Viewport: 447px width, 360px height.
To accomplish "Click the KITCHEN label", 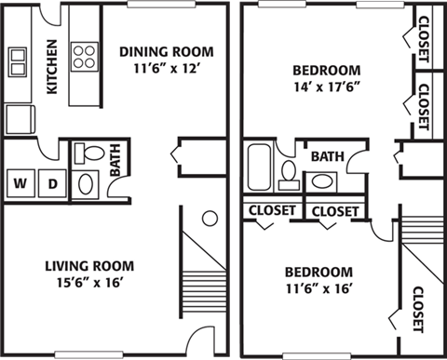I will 52,66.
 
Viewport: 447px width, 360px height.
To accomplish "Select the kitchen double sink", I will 19,62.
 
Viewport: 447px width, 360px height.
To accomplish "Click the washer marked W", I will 20,183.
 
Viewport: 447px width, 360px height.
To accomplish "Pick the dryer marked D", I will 52,183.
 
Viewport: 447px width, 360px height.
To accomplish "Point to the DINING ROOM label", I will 167,50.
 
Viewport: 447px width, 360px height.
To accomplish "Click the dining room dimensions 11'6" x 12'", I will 167,67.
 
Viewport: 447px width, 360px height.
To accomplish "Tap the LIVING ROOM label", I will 89,264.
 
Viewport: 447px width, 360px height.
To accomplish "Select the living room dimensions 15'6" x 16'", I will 89,282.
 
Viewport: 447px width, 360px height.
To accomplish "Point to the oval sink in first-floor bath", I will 85,183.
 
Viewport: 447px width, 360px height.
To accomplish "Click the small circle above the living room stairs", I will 210,219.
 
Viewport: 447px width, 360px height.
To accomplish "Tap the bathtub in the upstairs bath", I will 259,167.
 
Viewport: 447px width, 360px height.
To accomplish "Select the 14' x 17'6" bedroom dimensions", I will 326,87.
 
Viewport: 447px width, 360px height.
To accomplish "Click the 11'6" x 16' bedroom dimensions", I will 318,288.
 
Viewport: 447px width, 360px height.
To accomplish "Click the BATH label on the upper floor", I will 327,155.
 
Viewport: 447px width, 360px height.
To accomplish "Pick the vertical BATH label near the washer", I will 115,158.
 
